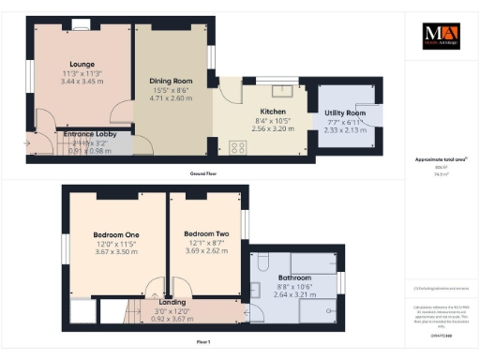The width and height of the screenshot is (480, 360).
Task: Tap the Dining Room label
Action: pos(172,81)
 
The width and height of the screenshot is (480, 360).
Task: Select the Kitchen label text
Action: pos(260,110)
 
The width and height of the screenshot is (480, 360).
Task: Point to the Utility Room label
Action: pos(343,113)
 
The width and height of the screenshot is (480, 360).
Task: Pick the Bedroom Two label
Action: pos(206,233)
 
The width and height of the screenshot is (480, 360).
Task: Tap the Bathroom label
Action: pos(295,277)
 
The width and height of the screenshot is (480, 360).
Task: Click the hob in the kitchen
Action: pos(235,146)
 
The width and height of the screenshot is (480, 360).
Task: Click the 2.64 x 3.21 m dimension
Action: pos(295,293)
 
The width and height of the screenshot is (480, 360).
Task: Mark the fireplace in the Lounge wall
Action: pos(82,25)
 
